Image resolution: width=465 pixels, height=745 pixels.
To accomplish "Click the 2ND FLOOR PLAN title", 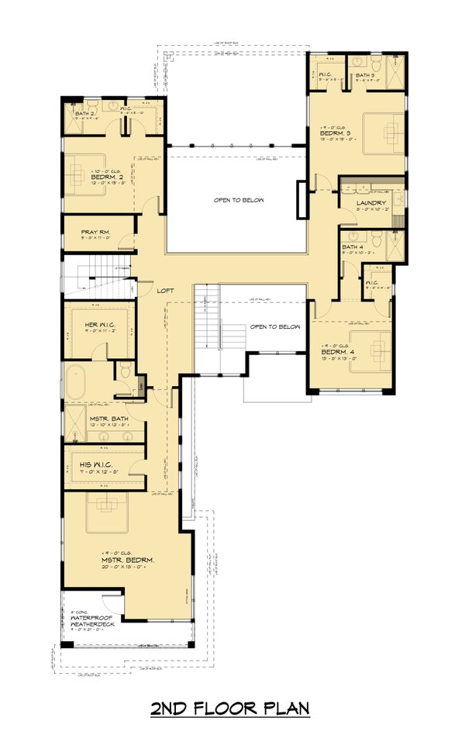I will pyautogui.click(x=230, y=708).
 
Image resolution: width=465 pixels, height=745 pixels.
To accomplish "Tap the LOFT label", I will pyautogui.click(x=165, y=290).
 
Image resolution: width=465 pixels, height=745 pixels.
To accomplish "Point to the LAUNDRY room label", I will pyautogui.click(x=372, y=203).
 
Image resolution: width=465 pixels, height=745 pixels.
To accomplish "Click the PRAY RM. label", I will pyautogui.click(x=98, y=231).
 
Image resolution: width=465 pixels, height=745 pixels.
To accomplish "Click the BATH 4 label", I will pyautogui.click(x=353, y=247).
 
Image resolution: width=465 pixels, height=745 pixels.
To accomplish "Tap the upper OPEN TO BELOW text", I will pyautogui.click(x=239, y=200).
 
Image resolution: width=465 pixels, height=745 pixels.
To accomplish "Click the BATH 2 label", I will pyautogui.click(x=84, y=114).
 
